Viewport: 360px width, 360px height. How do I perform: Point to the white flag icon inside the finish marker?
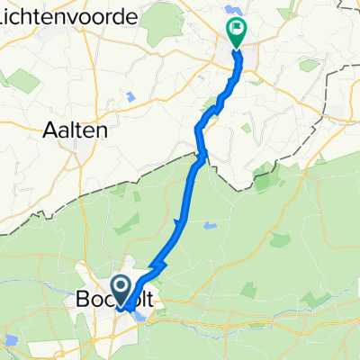click(x=237, y=29)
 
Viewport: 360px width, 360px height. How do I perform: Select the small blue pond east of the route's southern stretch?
click(x=209, y=226)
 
